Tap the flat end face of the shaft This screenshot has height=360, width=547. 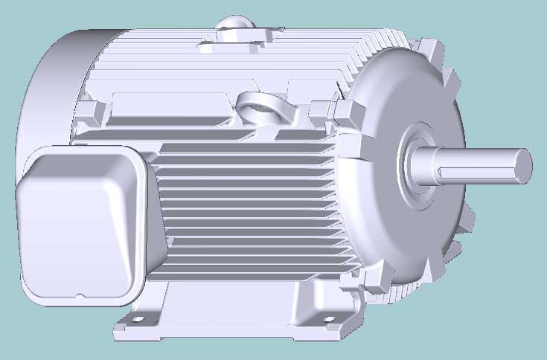524,164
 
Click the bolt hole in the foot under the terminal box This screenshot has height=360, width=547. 138,320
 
